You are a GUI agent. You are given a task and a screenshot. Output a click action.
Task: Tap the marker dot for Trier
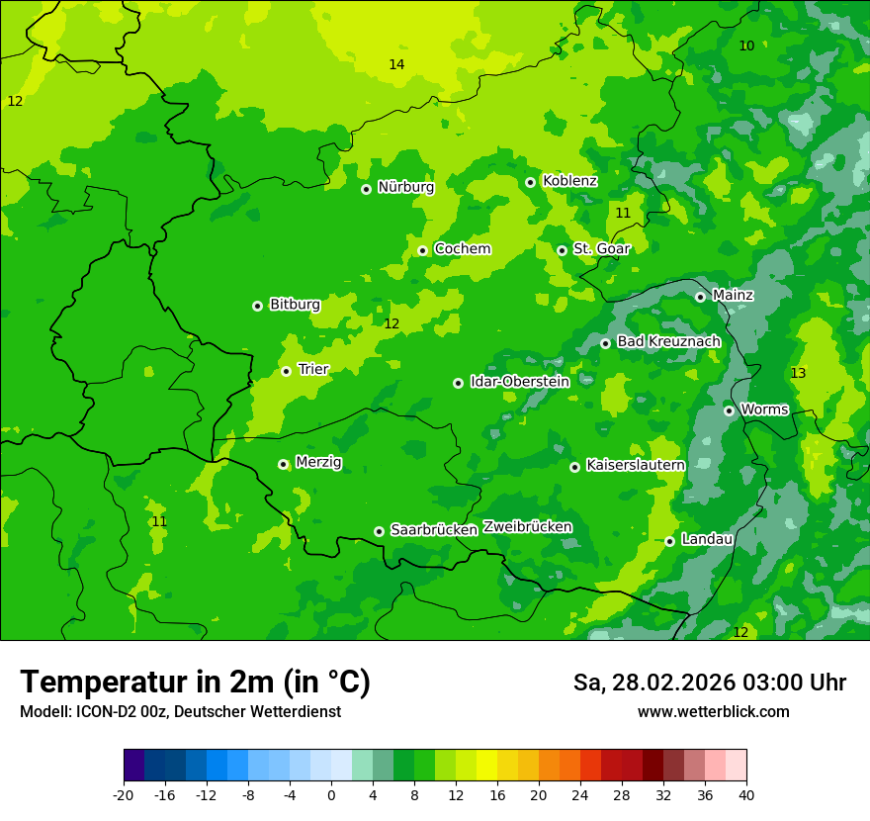(286, 371)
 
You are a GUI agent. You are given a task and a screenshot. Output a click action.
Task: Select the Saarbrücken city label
(434, 530)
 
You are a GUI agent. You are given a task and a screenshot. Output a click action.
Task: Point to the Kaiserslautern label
(636, 465)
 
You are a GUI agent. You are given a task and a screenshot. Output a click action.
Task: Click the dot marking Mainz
(700, 297)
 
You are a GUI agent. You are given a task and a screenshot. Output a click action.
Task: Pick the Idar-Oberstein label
(519, 382)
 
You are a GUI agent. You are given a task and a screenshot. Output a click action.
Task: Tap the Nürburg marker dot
(366, 189)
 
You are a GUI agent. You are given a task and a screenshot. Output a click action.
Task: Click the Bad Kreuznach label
(668, 341)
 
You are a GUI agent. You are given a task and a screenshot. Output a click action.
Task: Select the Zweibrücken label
(527, 527)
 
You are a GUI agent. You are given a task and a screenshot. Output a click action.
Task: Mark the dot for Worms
(729, 410)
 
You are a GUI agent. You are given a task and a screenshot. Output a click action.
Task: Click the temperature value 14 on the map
(396, 64)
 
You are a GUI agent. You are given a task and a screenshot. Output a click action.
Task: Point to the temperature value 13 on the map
(798, 373)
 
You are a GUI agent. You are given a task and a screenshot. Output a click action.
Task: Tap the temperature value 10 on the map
(746, 46)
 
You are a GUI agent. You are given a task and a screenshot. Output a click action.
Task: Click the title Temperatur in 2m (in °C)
(195, 682)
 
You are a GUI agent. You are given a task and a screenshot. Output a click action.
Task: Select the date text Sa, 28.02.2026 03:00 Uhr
(709, 683)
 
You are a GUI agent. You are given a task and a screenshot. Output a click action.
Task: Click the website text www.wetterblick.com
(713, 711)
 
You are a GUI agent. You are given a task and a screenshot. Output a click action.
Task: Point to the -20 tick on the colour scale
(124, 794)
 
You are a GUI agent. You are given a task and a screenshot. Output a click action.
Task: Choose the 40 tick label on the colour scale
(745, 794)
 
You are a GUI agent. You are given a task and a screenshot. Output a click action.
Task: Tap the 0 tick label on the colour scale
(331, 794)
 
